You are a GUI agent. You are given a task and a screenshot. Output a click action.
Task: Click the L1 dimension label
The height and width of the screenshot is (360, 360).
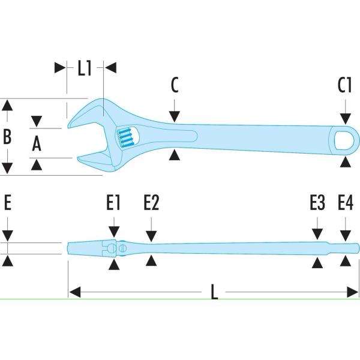84,68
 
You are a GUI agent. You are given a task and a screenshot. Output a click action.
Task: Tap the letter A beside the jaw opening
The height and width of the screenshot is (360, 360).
36,143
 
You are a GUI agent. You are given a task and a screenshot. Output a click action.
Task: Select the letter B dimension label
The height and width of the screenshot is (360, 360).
7,137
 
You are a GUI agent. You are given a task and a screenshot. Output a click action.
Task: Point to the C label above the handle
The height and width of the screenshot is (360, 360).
174,86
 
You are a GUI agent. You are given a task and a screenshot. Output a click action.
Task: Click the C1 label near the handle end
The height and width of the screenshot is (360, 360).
344,86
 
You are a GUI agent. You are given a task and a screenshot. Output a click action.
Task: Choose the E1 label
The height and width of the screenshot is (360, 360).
113,204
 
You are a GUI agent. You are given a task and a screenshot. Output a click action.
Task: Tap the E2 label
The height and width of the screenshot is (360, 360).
151,204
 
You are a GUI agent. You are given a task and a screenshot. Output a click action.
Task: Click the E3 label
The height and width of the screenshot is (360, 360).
317,204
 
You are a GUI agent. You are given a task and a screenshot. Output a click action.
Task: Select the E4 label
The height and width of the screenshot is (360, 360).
345,204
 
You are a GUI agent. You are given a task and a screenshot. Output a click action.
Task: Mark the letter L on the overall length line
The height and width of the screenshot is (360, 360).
214,292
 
